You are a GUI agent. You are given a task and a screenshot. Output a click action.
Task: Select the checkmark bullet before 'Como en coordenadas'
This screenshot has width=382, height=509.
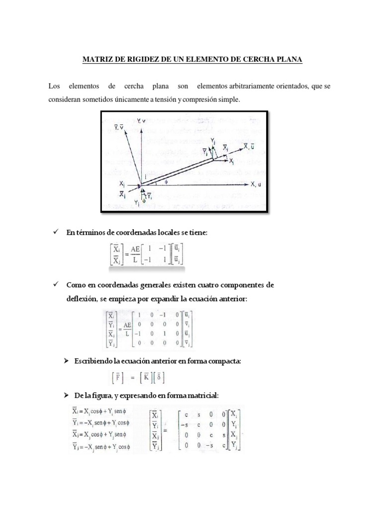pos(55,285)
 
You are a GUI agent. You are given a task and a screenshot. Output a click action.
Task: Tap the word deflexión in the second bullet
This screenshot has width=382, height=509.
pos(80,298)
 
